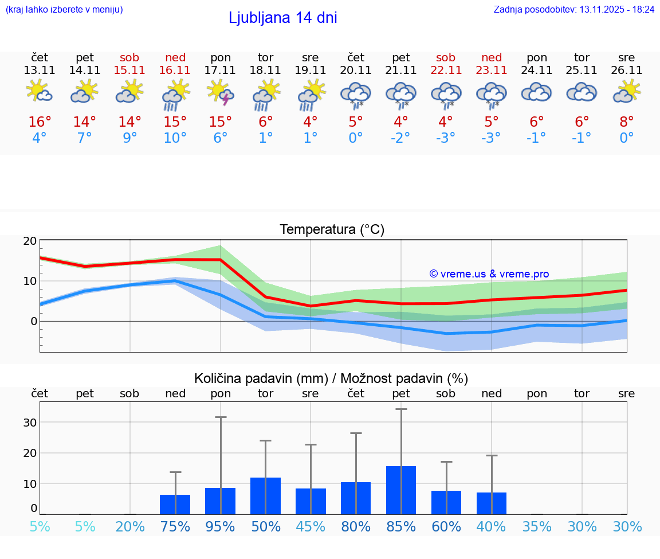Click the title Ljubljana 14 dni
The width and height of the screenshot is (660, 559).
[282, 18]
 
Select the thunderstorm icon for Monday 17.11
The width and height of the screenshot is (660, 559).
[221, 93]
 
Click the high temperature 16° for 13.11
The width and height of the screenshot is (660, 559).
[40, 122]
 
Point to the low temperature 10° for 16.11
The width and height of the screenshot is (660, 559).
[175, 138]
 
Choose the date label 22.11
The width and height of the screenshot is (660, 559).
[446, 71]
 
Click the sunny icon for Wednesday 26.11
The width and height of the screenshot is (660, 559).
[627, 92]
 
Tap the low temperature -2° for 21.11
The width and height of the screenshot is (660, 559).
[400, 138]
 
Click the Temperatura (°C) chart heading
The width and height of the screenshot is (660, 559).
[332, 230]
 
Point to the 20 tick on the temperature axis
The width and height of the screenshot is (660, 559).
[30, 241]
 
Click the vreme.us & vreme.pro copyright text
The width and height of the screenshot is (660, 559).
[489, 274]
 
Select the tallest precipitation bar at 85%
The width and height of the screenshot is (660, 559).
[401, 490]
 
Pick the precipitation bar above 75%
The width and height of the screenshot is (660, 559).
[175, 505]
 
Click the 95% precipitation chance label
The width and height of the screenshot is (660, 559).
[221, 527]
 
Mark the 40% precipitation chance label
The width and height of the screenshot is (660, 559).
[492, 527]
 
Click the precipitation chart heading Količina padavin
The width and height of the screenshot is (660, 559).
[331, 378]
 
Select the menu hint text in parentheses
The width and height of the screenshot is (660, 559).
[64, 10]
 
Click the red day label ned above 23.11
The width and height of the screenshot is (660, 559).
[492, 57]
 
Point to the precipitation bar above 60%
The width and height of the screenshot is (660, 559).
[446, 502]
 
